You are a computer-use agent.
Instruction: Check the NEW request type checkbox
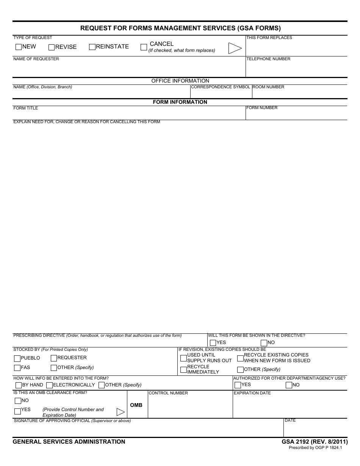19,47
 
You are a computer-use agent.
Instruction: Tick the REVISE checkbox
52,47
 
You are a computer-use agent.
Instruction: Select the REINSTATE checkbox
92,47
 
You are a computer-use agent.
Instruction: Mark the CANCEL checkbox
144,47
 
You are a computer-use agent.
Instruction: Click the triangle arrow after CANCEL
235,48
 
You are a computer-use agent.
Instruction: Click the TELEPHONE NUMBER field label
268,59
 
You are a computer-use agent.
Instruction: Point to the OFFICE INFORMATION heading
180,81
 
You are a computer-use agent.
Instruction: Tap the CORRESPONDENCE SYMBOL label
221,87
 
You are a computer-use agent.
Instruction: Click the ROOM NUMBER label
268,87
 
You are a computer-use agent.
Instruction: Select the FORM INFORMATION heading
180,102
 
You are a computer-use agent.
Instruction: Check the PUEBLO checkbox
17,358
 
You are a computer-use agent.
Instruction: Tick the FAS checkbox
17,368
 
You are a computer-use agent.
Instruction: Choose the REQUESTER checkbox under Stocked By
54,358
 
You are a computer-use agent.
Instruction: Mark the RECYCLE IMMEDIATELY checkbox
183,370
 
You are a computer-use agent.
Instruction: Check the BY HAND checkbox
19,385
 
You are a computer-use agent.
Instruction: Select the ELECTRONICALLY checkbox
49,385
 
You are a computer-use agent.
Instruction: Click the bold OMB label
136,405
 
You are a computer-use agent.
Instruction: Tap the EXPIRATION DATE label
252,393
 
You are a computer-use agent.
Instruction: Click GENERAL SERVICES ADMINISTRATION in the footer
69,442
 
